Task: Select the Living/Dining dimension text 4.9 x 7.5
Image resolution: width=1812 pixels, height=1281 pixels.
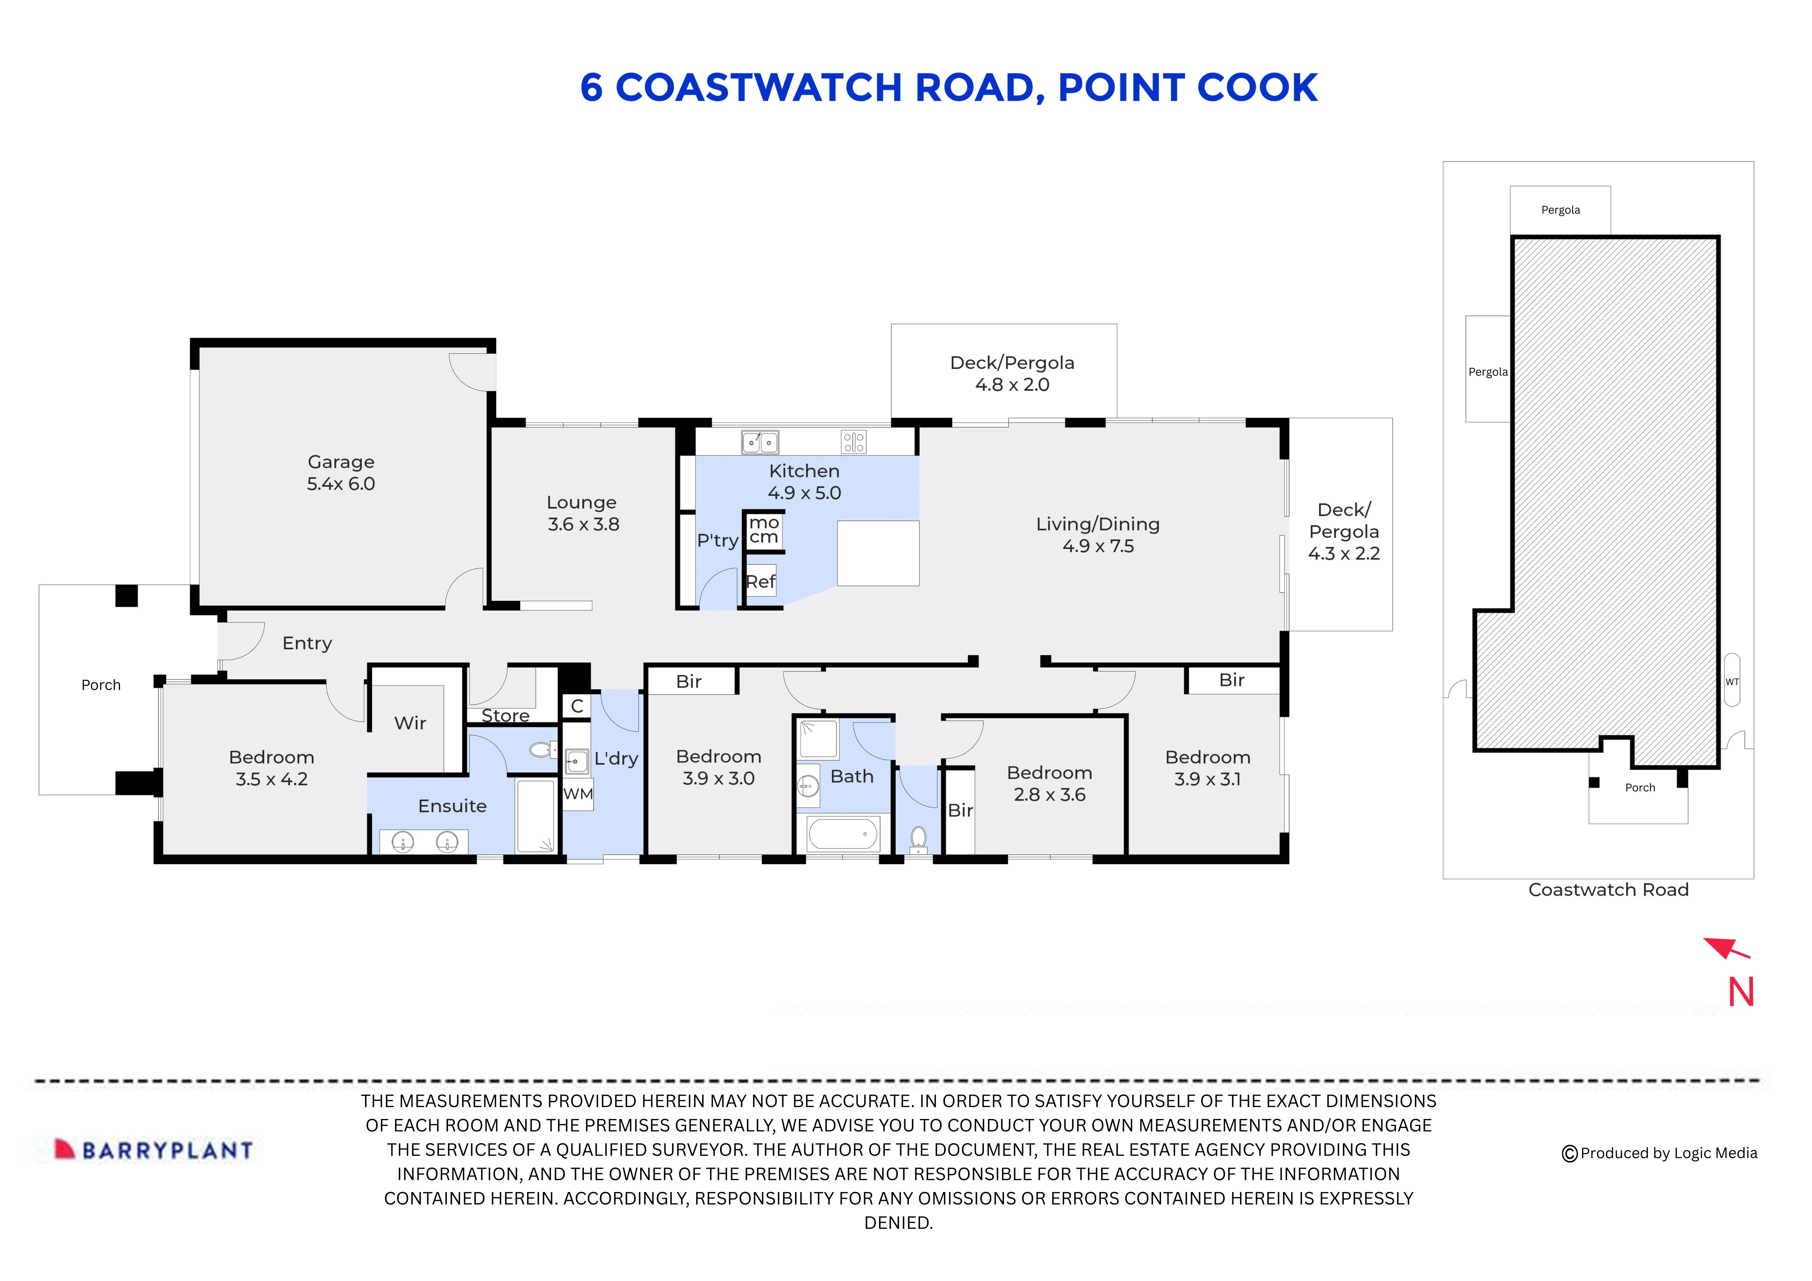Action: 1098,546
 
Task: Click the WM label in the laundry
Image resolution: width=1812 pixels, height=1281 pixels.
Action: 578,794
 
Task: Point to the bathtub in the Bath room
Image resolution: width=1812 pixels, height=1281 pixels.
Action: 843,834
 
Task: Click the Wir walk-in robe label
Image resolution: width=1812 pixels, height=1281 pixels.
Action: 410,723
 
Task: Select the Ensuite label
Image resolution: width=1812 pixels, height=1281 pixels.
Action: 452,806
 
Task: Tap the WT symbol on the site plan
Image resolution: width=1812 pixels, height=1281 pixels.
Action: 1731,681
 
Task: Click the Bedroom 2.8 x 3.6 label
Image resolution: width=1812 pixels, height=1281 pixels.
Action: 1050,784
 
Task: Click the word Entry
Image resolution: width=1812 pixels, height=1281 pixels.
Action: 307,643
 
